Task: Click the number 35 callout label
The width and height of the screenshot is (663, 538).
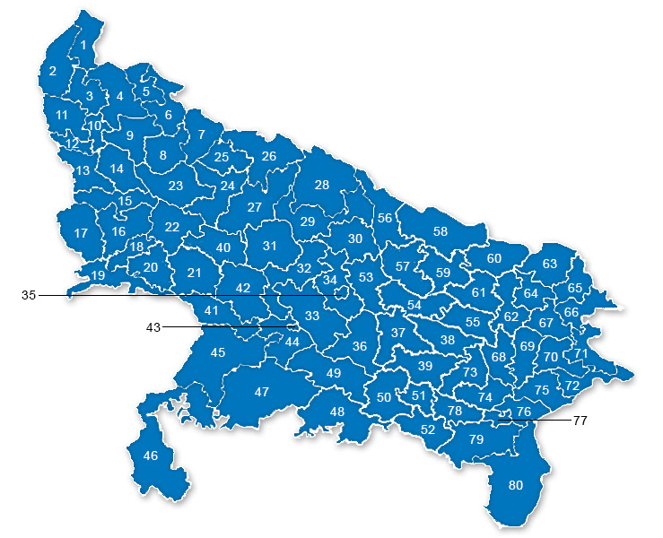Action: coord(28,295)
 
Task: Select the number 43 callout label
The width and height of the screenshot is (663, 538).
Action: coord(153,327)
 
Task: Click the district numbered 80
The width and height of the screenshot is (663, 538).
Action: coord(515,485)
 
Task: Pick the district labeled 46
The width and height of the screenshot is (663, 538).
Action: coord(151,456)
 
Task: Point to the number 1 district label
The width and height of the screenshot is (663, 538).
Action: coord(83,44)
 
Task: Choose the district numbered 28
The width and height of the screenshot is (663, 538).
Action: coord(322,185)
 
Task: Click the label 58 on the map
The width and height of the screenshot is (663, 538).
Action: coord(440,231)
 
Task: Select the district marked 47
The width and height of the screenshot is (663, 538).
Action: coord(261,392)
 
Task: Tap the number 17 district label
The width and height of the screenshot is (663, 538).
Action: coord(81,233)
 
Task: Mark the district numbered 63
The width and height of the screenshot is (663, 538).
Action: coord(549,264)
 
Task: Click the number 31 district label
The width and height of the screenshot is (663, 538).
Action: coord(269,245)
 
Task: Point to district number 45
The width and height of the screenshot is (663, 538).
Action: coord(218,352)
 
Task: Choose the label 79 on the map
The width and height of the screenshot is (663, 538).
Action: coord(475,438)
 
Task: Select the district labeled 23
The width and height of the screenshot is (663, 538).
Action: coord(176,186)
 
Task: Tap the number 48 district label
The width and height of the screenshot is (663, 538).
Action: coord(337,412)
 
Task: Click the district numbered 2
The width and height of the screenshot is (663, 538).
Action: coord(53,71)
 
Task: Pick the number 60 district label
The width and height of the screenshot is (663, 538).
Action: coord(493,258)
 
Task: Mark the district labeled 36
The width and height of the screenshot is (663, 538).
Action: coord(360,346)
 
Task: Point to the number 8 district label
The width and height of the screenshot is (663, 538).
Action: coord(162,155)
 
